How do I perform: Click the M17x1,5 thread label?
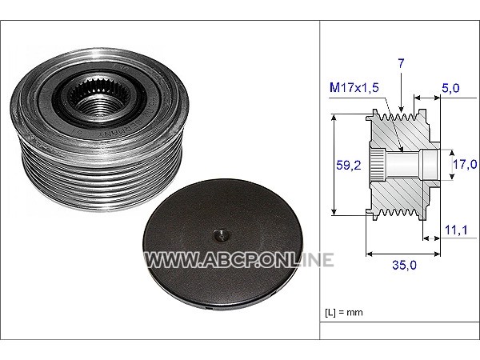pyautogui.click(x=354, y=87)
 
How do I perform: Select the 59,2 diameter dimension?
pyautogui.click(x=348, y=166)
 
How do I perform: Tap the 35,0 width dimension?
pyautogui.click(x=404, y=265)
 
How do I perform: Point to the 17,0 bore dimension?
pyautogui.click(x=465, y=164)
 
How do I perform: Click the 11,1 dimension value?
pyautogui.click(x=456, y=230)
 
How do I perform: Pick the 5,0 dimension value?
pyautogui.click(x=450, y=88)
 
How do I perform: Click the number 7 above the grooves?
pyautogui.click(x=401, y=63)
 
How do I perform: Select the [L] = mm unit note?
pyautogui.click(x=344, y=313)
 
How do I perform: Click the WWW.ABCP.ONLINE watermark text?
pyautogui.click(x=238, y=260)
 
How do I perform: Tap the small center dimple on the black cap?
pyautogui.click(x=222, y=235)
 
